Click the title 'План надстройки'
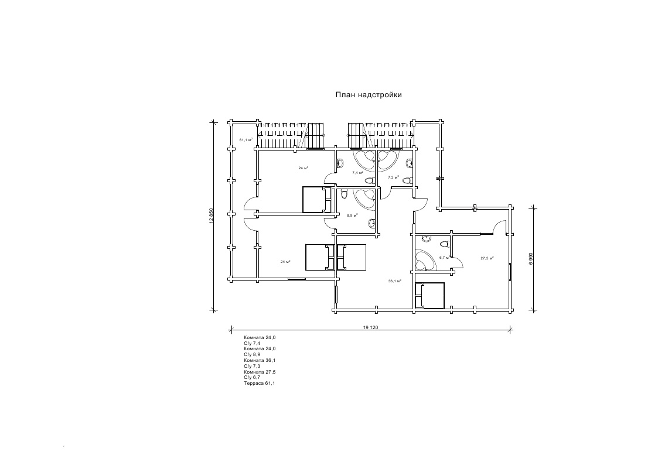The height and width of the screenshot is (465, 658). [x=369, y=94]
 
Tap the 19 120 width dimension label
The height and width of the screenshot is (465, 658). [x=371, y=327]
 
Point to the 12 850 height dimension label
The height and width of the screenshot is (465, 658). [x=212, y=216]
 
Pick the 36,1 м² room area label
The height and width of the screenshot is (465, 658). [x=394, y=281]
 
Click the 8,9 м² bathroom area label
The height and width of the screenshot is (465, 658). [x=352, y=216]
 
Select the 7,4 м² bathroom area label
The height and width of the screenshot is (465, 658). [x=357, y=173]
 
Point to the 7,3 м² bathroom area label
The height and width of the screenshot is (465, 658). [x=394, y=176]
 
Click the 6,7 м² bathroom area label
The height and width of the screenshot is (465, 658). [x=444, y=257]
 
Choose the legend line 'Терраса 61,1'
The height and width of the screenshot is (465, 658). [x=259, y=383]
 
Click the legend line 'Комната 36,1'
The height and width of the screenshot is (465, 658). [x=260, y=361]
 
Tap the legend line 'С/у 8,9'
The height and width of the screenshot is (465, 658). [x=252, y=355]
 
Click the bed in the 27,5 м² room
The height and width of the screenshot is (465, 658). [x=430, y=296]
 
